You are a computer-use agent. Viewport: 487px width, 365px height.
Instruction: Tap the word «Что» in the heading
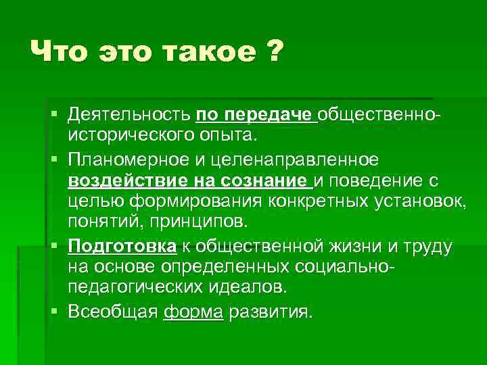[57, 52]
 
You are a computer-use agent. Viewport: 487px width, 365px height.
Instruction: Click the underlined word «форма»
[193, 312]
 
